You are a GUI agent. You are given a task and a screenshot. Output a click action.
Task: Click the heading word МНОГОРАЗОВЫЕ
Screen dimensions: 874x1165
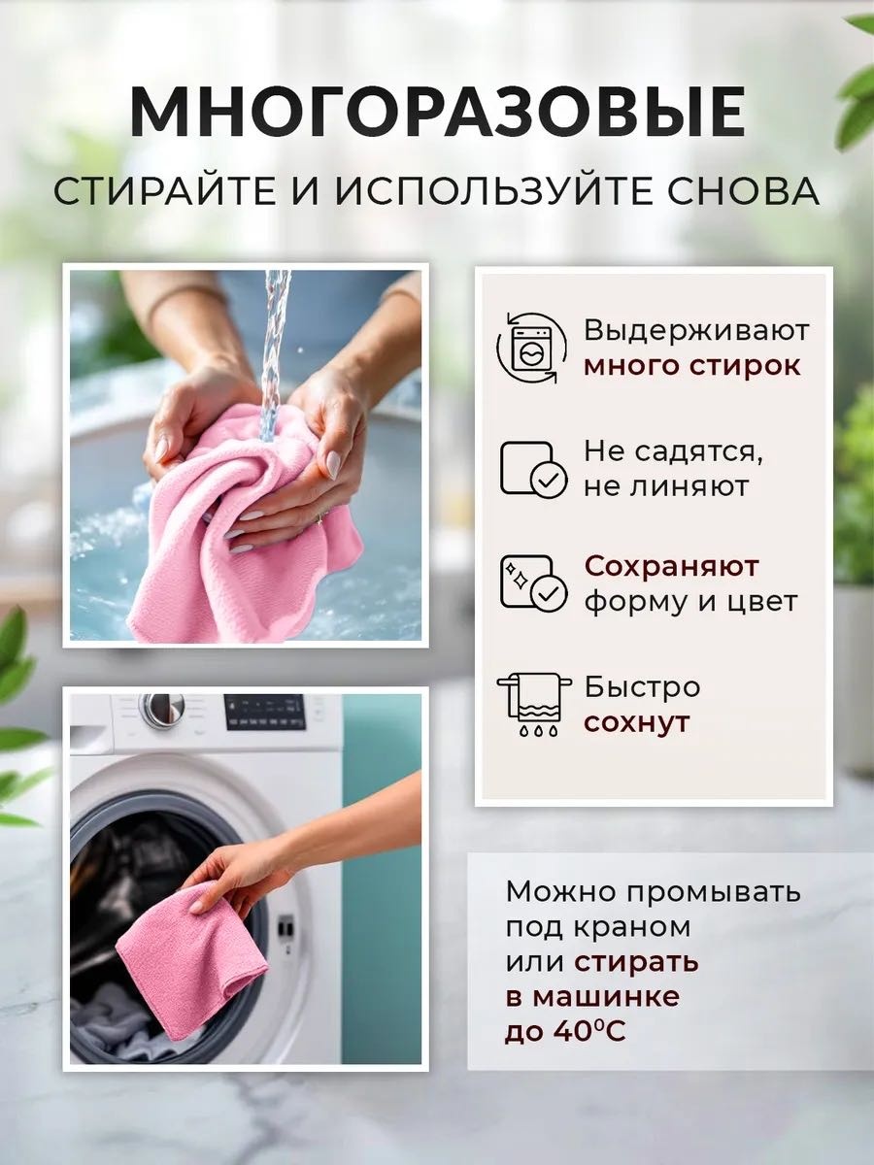point(437,113)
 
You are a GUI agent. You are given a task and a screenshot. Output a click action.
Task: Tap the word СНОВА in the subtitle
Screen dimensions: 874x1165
point(742,191)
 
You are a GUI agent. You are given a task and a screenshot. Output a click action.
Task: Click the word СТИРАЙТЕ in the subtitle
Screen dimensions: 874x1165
point(165,191)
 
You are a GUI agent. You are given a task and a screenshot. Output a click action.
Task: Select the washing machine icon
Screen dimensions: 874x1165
point(533,348)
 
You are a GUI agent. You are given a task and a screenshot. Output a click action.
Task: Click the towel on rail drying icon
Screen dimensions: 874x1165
point(534,705)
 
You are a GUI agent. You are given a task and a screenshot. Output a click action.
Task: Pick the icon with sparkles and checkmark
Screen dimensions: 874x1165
point(534,582)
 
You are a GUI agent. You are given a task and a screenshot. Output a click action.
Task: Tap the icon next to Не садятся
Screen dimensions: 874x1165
point(534,469)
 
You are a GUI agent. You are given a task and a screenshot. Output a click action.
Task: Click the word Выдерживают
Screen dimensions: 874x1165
point(696,331)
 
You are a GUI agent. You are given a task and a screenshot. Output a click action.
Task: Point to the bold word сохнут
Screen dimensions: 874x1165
point(637,723)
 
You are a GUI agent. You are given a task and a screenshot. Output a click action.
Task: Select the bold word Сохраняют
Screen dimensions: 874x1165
point(671,567)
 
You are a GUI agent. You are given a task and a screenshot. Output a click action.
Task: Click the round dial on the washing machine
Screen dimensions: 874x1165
point(162,710)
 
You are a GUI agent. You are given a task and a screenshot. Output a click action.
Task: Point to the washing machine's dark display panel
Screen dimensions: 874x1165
point(265,713)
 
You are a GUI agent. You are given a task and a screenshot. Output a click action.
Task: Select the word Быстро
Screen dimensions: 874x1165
point(642,688)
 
